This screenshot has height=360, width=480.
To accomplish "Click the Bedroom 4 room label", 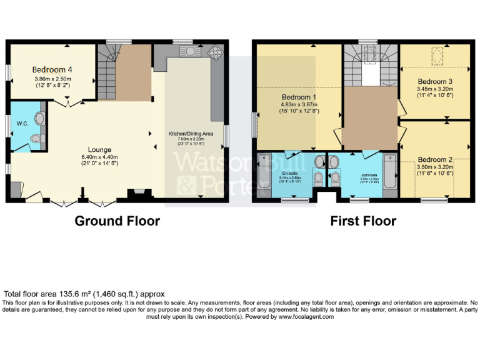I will (52, 69).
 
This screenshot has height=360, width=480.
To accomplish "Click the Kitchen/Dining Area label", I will (191, 134).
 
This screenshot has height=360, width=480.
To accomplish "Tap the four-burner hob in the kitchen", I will (216, 51).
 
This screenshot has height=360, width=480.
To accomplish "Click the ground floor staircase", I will (106, 69).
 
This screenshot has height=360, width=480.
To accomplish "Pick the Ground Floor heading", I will (117, 221).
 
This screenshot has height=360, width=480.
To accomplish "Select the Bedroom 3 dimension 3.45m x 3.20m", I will (435, 89).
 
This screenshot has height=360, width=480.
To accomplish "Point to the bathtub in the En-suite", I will (262, 176).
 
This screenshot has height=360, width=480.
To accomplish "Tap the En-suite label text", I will (289, 172).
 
